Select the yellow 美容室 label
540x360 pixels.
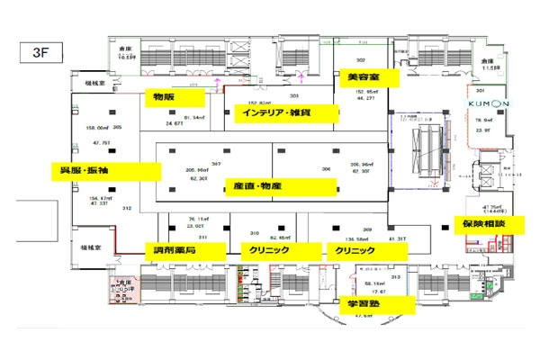coord(364,79)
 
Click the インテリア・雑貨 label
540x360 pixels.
coord(284,113)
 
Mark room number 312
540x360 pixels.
coord(127,209)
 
